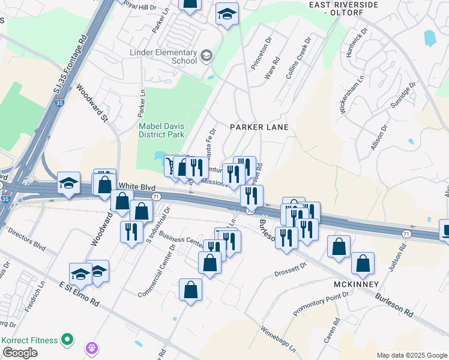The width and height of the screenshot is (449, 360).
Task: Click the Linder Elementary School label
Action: (x=163, y=56)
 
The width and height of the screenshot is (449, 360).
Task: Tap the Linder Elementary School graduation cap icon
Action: (x=206, y=56)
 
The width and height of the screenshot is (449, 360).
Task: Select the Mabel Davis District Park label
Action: (x=161, y=131)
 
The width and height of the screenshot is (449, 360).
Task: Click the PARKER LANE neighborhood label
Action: (x=260, y=127)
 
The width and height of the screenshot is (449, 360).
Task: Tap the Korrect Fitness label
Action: (x=30, y=340)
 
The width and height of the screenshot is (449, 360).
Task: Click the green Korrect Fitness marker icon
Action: (x=67, y=340)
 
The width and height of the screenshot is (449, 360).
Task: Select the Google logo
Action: (x=20, y=353)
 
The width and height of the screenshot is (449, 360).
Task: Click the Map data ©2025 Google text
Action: (x=412, y=355)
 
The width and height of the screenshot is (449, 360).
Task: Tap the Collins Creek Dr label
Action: (x=298, y=59)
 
